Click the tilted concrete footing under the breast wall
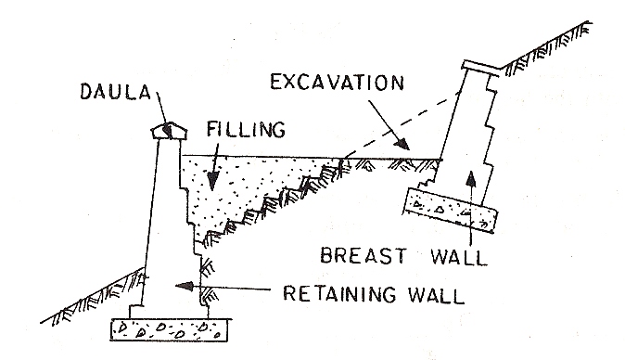[451, 212]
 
